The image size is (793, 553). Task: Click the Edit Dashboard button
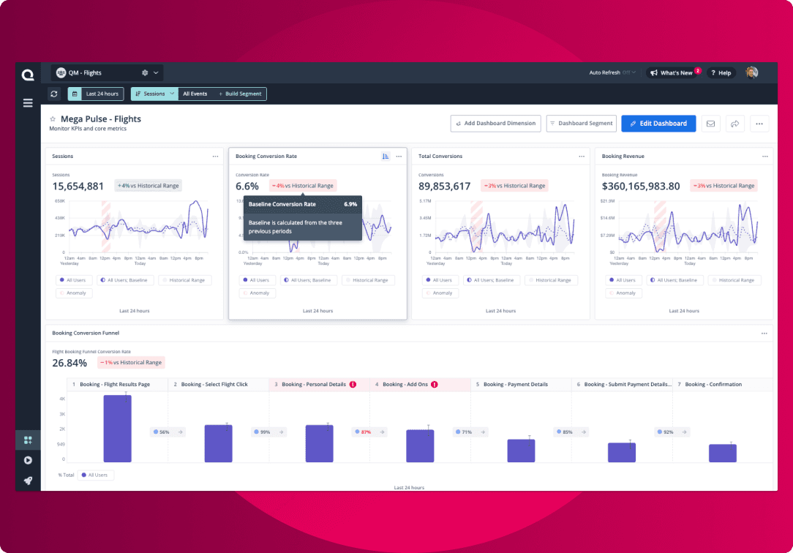pos(658,124)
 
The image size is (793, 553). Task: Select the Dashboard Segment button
pos(581,124)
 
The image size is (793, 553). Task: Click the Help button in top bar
pos(721,73)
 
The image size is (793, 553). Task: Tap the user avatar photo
pos(752,72)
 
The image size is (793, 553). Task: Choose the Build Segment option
pos(240,94)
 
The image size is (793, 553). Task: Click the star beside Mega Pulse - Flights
pos(53,119)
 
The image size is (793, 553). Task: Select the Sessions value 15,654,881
pos(78,186)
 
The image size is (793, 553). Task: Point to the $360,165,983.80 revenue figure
pos(641,186)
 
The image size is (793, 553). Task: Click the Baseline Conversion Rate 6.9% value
pos(350,204)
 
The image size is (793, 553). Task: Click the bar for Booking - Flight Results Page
pos(117,429)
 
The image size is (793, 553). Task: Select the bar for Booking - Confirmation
pos(723,453)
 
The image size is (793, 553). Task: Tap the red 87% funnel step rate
pos(366,432)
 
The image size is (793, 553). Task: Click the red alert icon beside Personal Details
pos(353,384)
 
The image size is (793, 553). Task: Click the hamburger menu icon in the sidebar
pos(28,103)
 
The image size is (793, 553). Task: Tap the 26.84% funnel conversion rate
pos(69,363)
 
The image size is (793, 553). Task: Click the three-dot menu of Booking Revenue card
pos(764,157)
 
